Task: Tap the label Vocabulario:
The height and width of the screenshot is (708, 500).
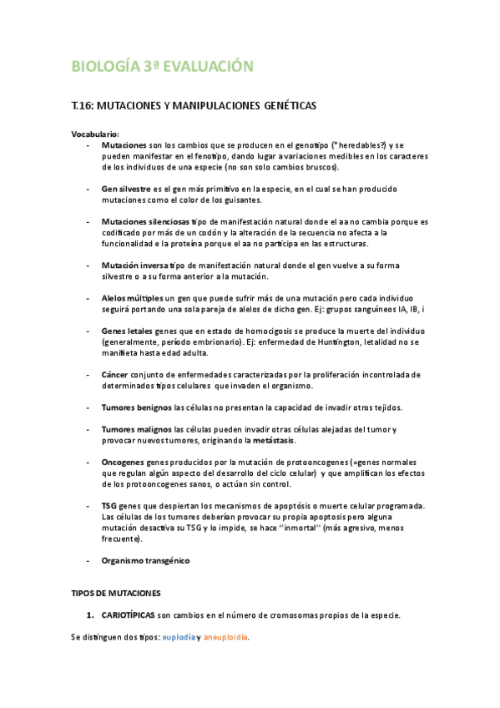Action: click(x=95, y=134)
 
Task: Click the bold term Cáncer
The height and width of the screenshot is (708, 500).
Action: click(x=114, y=375)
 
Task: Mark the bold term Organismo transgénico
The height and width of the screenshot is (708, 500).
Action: click(x=145, y=560)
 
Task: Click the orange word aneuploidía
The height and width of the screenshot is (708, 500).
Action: click(x=225, y=637)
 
